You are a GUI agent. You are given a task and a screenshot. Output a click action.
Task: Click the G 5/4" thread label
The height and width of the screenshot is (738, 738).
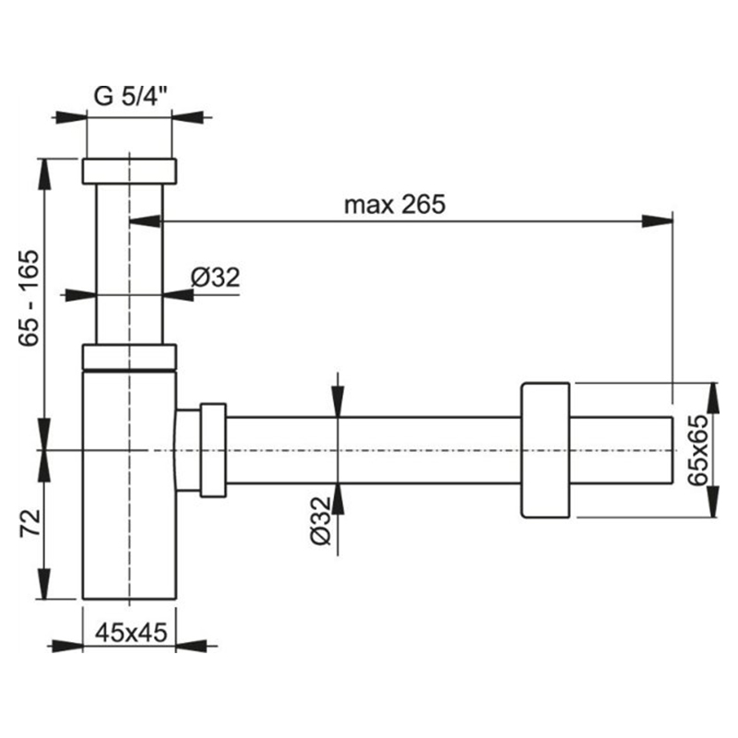(x=131, y=96)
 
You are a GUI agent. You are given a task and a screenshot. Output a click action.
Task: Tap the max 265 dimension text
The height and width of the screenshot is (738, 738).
(x=395, y=205)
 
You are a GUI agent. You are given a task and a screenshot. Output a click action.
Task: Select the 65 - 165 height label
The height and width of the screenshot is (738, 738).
(x=30, y=298)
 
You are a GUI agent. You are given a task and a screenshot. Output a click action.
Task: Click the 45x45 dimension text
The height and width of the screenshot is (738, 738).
(x=131, y=633)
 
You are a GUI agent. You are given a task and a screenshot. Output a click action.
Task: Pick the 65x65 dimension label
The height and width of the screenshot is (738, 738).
(x=698, y=450)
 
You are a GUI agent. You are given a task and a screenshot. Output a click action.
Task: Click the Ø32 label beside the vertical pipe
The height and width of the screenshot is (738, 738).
(x=216, y=277)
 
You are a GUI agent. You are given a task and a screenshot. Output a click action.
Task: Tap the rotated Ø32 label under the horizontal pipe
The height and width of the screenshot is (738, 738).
(x=321, y=520)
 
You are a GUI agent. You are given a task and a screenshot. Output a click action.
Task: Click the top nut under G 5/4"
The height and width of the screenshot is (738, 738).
(x=129, y=171)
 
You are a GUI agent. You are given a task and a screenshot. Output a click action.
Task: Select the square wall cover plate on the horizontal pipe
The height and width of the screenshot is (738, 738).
(x=545, y=450)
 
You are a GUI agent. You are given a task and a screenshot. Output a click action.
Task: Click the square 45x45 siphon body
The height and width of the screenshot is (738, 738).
(x=129, y=485)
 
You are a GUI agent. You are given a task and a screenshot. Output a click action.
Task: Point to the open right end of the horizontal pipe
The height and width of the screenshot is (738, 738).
(x=672, y=450)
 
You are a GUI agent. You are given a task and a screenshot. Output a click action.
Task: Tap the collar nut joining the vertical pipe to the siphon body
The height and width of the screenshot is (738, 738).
(x=129, y=357)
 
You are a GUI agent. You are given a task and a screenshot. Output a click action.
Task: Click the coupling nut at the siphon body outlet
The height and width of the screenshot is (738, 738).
(x=213, y=450)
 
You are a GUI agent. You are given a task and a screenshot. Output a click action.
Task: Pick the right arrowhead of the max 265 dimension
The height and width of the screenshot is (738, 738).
(x=658, y=220)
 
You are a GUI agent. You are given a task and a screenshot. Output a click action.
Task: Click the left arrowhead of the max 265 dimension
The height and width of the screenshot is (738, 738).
(x=145, y=220)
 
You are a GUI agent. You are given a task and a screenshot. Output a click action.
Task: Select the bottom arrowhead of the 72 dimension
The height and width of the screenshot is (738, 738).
(x=43, y=584)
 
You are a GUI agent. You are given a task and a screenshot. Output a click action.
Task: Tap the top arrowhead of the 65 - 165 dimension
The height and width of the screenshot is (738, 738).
(x=43, y=174)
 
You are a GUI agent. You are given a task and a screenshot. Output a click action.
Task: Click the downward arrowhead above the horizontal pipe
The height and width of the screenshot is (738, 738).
(x=338, y=401)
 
